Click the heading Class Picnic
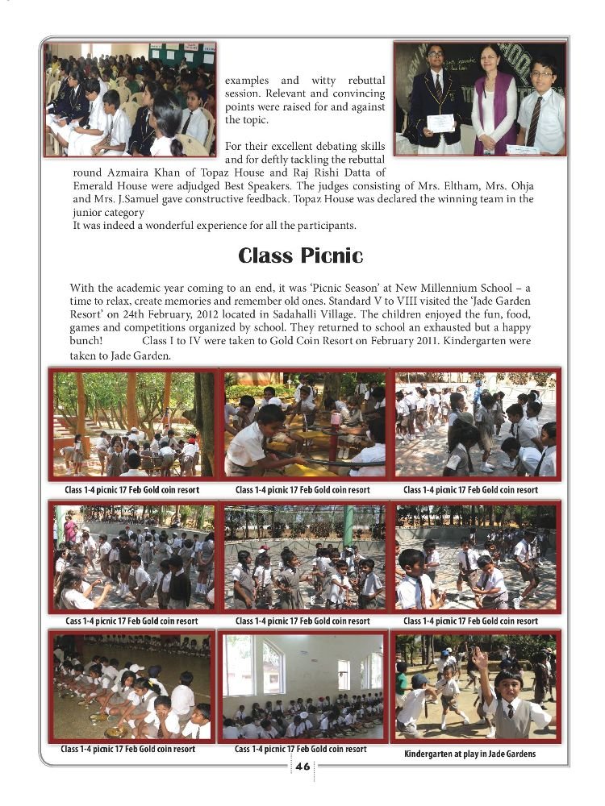pos(301,256)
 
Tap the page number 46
pos(302,767)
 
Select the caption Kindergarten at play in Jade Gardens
pos(469,754)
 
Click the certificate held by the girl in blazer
pos(440,123)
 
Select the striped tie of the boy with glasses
pos(535,121)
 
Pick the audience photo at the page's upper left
pos(130,99)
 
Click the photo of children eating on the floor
pos(131,687)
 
